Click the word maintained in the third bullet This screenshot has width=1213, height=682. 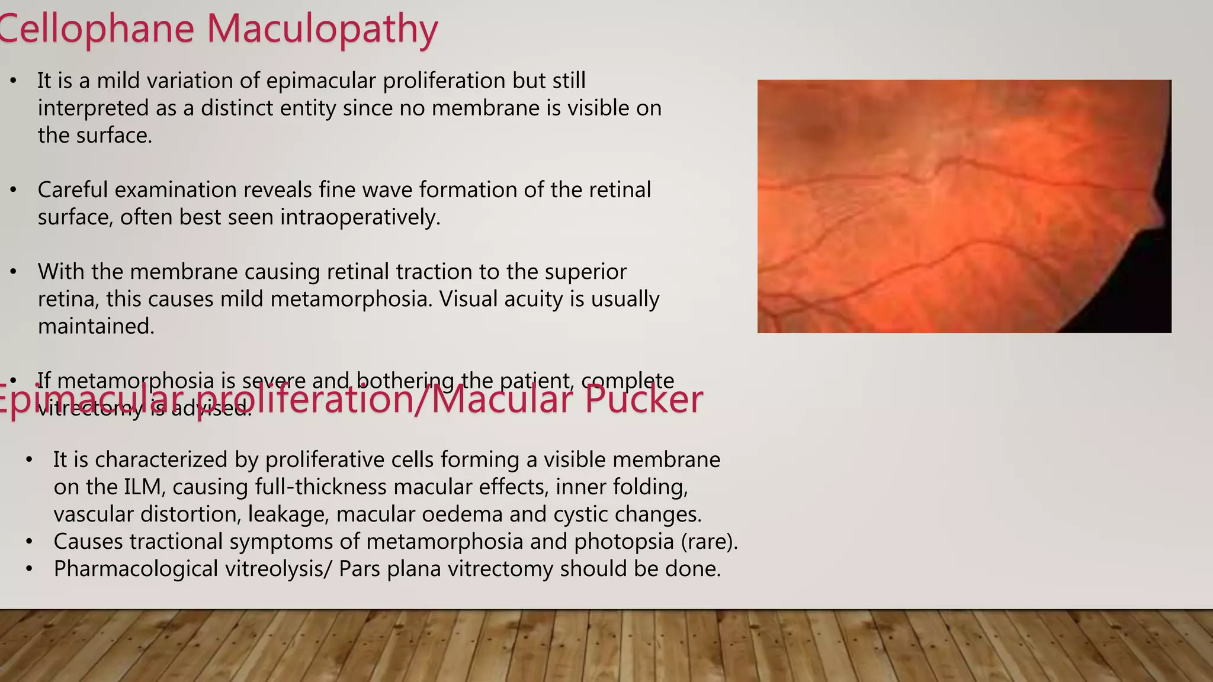[x=96, y=326]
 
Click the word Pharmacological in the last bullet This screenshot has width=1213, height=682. [x=136, y=569]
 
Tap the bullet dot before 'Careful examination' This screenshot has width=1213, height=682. [x=14, y=190]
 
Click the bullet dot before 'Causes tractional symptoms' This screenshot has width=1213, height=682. [x=29, y=542]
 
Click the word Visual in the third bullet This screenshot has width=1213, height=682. [x=471, y=299]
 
